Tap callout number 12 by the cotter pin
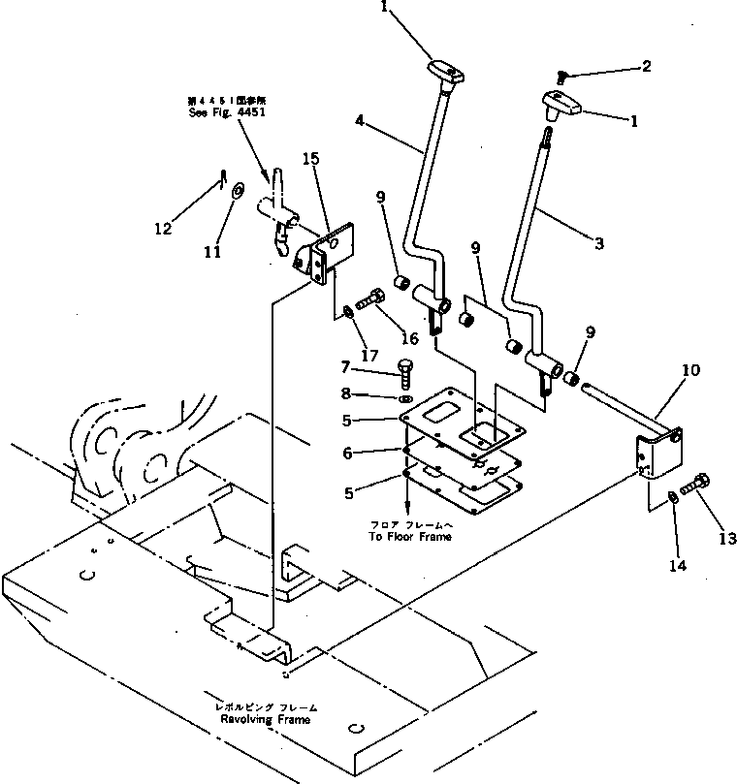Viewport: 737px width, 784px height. pos(163,229)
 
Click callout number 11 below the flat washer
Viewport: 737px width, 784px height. pos(212,252)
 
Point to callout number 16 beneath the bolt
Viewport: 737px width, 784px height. pos(409,337)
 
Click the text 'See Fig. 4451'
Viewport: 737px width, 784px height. pos(227,111)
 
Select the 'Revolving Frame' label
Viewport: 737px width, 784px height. pos(267,720)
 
